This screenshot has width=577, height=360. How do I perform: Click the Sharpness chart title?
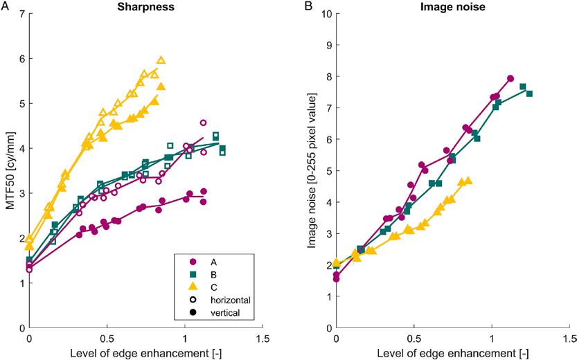point(145,6)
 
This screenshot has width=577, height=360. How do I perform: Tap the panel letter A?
point(6,8)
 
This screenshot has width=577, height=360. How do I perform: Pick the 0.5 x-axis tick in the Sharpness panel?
point(107,339)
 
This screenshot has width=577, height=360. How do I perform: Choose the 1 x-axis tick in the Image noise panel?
point(492,339)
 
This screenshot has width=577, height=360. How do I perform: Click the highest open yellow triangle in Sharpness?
point(161,60)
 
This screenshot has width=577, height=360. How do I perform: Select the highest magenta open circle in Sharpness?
point(203,123)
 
